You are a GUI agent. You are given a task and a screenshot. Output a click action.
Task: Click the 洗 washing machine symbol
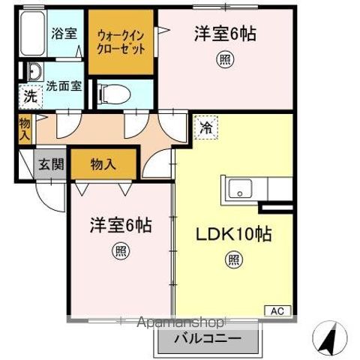pos(28,97)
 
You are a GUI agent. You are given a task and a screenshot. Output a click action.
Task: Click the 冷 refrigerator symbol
pos(205,128)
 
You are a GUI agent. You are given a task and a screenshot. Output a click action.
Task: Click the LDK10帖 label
pos(235,232)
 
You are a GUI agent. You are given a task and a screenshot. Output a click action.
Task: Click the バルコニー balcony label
pos(208,339)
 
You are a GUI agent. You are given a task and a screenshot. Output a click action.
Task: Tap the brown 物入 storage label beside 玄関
pos(103,164)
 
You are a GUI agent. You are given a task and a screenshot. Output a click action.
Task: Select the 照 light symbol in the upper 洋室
pos(224,58)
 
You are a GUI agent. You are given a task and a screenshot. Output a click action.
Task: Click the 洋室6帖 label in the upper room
pos(222,34)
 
